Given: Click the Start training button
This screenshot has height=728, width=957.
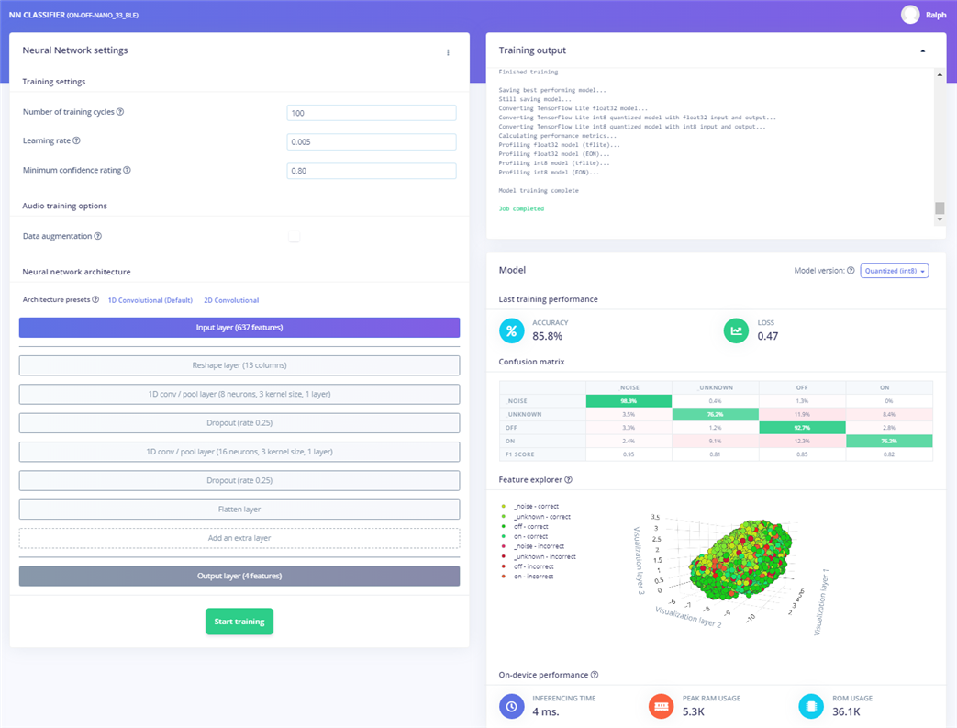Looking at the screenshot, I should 239,622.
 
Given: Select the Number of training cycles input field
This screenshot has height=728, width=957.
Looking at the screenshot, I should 371,113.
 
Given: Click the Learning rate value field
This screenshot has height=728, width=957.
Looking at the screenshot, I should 371,142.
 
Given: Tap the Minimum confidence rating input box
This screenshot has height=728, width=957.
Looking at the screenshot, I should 371,171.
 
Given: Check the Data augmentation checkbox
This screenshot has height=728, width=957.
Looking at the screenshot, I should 294,236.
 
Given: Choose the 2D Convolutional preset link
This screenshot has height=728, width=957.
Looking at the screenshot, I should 231,300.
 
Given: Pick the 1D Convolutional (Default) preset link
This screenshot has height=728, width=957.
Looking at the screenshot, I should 150,300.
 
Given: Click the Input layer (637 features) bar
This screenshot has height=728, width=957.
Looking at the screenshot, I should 239,328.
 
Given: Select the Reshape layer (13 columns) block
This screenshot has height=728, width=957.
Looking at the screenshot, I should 239,365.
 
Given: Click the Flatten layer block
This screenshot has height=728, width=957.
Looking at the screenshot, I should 239,510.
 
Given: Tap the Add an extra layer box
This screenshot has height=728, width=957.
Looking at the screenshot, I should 239,538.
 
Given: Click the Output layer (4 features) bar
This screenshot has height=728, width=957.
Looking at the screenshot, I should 239,576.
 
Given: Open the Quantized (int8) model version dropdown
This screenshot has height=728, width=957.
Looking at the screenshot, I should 895,271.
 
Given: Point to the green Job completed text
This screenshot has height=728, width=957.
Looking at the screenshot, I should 521,208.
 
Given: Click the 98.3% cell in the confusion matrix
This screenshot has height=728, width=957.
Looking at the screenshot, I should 629,401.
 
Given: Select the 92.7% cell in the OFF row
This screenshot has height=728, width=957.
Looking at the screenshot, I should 802,428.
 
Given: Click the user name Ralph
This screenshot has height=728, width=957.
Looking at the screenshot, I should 935,15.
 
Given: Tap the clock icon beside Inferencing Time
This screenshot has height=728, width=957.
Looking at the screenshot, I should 512,706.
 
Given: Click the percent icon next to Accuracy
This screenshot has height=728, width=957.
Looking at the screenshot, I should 512,330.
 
